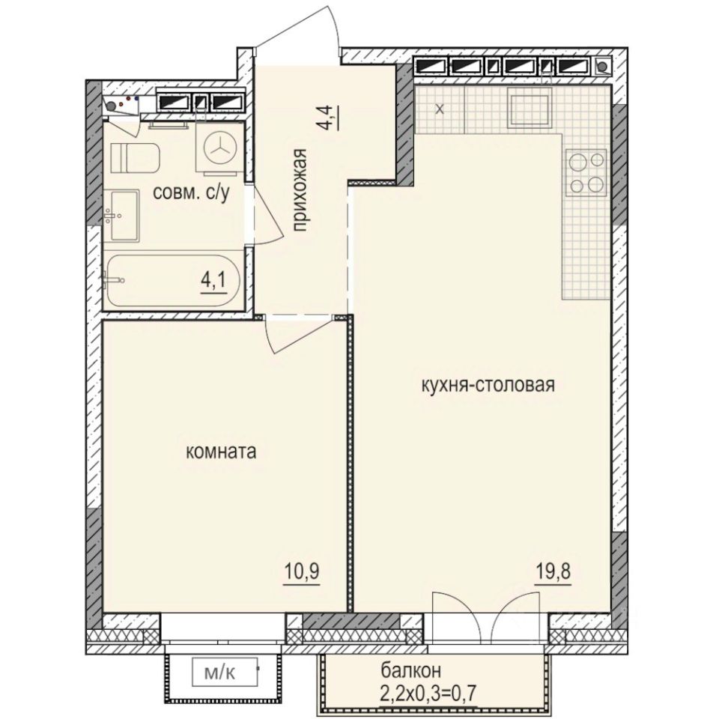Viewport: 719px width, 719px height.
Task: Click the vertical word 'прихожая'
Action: point(300,192)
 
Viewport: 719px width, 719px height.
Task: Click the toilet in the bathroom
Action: point(135,157)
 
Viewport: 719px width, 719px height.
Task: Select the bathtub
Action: point(173,281)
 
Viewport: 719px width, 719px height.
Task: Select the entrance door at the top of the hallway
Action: point(300,34)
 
